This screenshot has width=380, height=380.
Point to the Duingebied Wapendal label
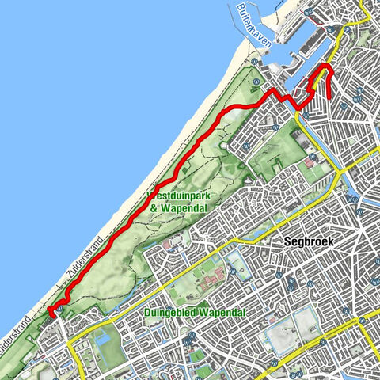pos(195,313)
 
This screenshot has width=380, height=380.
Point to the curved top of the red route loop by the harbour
pos(322,69)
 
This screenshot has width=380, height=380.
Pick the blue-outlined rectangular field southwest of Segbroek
pos(237,262)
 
